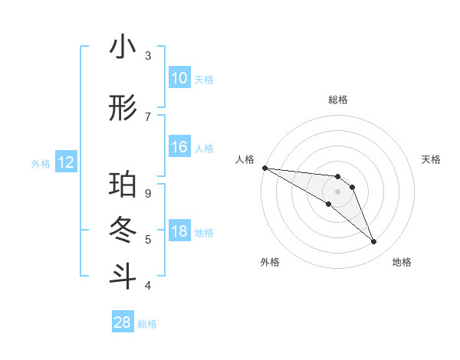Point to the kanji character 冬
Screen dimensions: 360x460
tap(123, 230)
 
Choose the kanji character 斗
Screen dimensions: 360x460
tap(123, 275)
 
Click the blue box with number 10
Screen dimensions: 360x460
tap(179, 78)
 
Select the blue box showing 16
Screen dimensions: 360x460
tap(179, 147)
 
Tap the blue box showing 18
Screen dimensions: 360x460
tap(179, 232)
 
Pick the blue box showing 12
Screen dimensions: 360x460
tap(66, 162)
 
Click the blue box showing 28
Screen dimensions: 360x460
tap(123, 322)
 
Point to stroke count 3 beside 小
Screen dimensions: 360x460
tap(148, 55)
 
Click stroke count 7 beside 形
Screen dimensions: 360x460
tap(148, 116)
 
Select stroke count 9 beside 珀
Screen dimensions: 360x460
tap(148, 193)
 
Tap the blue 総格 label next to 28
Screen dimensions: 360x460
tap(147, 324)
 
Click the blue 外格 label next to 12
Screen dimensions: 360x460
tap(41, 163)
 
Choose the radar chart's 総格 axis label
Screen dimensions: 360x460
tap(338, 100)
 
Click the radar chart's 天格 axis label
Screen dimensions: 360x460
tap(431, 159)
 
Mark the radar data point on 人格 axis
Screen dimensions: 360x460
tap(264, 167)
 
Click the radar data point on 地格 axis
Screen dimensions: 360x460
tap(374, 242)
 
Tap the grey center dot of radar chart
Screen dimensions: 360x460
tap(338, 191)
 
